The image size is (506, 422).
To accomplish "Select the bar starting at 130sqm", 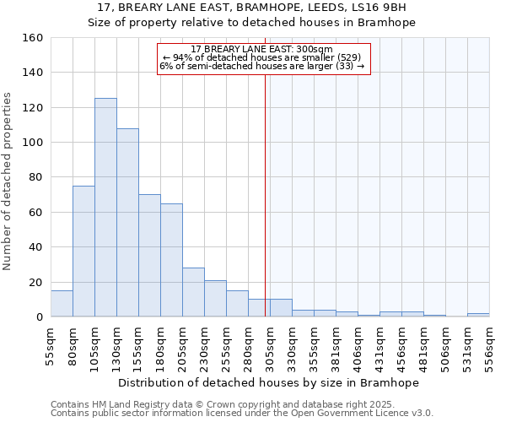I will [127, 223].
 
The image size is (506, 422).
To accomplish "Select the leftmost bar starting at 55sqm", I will [62, 304].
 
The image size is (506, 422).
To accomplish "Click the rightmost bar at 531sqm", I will [478, 315].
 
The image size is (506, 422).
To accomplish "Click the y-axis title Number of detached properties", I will [9, 177].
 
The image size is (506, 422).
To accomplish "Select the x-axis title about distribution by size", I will [268, 382].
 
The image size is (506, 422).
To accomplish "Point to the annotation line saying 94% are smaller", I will [263, 57].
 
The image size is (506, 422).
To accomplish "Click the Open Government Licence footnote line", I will [242, 414].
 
